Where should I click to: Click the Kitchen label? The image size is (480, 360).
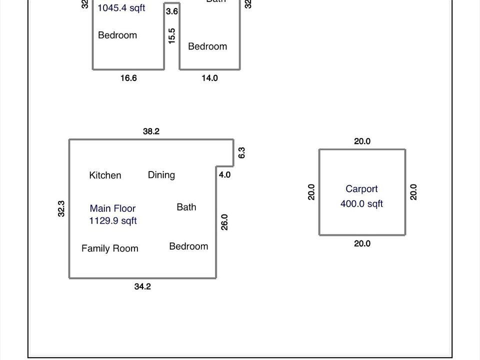point(105,175)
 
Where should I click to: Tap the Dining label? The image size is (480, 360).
point(161,175)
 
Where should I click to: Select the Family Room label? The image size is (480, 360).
point(110,248)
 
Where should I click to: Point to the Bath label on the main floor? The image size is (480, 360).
point(186,207)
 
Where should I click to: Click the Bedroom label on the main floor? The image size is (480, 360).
point(188,246)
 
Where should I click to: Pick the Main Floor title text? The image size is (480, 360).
point(112,208)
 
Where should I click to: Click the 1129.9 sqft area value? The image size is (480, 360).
point(112,220)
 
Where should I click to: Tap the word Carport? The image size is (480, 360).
point(361,189)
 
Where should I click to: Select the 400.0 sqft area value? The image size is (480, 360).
point(361,203)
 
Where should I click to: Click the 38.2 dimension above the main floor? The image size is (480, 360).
point(151,131)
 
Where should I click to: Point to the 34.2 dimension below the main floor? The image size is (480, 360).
point(142,286)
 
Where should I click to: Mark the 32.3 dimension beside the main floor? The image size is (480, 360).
point(61,208)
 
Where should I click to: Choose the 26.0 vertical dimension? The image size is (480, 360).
point(224,222)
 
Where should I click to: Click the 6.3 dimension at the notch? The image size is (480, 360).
point(241,153)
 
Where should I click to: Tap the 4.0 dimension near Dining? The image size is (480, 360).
point(225,175)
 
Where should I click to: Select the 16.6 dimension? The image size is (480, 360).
point(128,78)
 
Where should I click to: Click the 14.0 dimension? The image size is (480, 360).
point(209,78)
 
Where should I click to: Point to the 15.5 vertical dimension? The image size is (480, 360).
point(172,36)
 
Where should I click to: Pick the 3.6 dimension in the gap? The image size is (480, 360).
point(172,11)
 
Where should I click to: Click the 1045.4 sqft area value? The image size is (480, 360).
point(121,8)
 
